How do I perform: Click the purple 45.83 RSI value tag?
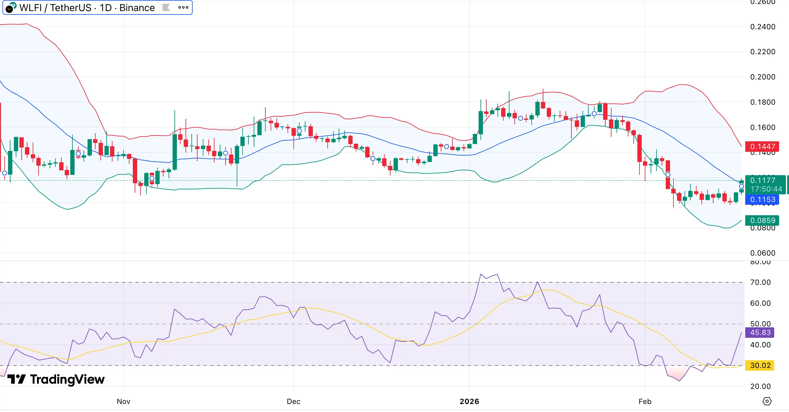[x=760, y=333]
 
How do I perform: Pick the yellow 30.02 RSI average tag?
[x=760, y=366]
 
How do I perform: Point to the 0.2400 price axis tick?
[x=762, y=27]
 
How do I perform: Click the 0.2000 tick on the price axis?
[x=762, y=77]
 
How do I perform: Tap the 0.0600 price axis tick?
[x=762, y=253]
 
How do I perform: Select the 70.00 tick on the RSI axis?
[x=760, y=282]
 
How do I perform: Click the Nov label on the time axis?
[x=124, y=402]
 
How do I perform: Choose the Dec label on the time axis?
[x=293, y=402]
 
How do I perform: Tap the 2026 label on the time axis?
[x=469, y=402]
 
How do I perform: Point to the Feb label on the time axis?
[x=645, y=402]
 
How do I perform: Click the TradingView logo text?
[x=67, y=379]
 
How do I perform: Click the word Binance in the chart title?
[x=137, y=8]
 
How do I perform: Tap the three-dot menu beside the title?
[x=183, y=8]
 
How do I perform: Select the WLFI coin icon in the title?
[x=11, y=7]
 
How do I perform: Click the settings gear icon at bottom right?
[x=767, y=401]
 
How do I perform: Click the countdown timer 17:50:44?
[x=766, y=189]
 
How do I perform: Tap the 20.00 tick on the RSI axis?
[x=760, y=386]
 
